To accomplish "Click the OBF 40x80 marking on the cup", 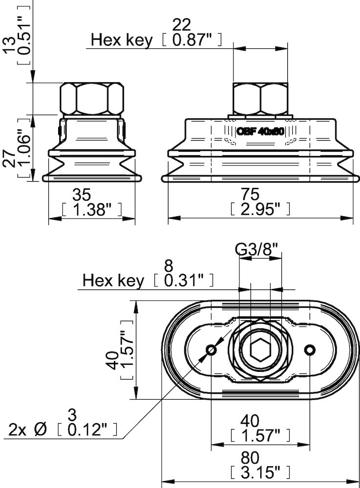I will pyautogui.click(x=260, y=131).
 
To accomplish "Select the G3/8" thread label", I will pyautogui.click(x=259, y=250).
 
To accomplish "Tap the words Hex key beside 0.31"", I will pyautogui.click(x=113, y=281).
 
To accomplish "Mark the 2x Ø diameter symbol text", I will pyautogui.click(x=27, y=430).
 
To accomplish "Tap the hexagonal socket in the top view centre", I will pyautogui.click(x=260, y=350).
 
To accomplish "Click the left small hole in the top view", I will pyautogui.click(x=212, y=350).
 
